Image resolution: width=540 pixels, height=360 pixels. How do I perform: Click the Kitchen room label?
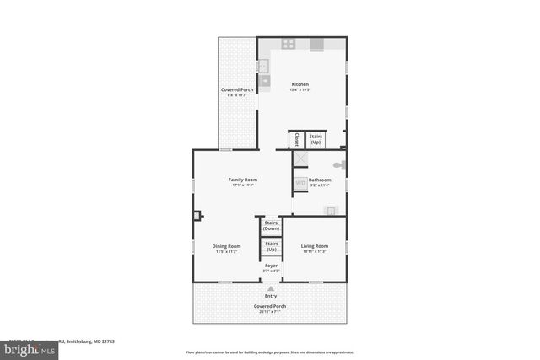click(300, 84)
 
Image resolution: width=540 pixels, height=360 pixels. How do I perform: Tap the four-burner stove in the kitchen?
click(288, 44)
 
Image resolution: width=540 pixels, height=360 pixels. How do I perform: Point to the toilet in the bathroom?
click(339, 165)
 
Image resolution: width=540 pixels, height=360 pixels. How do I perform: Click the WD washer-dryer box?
click(300, 183)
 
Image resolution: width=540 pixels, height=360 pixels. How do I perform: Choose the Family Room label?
click(243, 180)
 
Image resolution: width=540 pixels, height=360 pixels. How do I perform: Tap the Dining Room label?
click(228, 246)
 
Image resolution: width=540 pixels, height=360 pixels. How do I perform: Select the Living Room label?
click(314, 246)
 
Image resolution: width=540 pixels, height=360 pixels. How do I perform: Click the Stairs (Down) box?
click(271, 226)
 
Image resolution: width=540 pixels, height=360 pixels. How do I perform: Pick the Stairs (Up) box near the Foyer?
click(271, 247)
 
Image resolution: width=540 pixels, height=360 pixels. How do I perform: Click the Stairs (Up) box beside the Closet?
click(316, 139)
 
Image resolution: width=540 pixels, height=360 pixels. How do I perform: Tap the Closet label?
click(296, 139)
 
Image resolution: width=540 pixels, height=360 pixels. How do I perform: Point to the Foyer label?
click(271, 266)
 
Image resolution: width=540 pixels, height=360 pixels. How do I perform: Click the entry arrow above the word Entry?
click(271, 287)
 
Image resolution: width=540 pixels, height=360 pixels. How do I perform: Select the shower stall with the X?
click(300, 159)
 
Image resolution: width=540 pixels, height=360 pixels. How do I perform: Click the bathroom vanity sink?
click(331, 211)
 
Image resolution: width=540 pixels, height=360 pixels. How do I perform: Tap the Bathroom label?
click(320, 180)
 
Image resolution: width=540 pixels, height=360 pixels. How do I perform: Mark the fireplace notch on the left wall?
click(197, 216)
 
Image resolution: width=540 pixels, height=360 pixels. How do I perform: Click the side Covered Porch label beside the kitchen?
click(237, 89)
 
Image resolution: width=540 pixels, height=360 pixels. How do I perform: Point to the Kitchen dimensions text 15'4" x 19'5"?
click(300, 90)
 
